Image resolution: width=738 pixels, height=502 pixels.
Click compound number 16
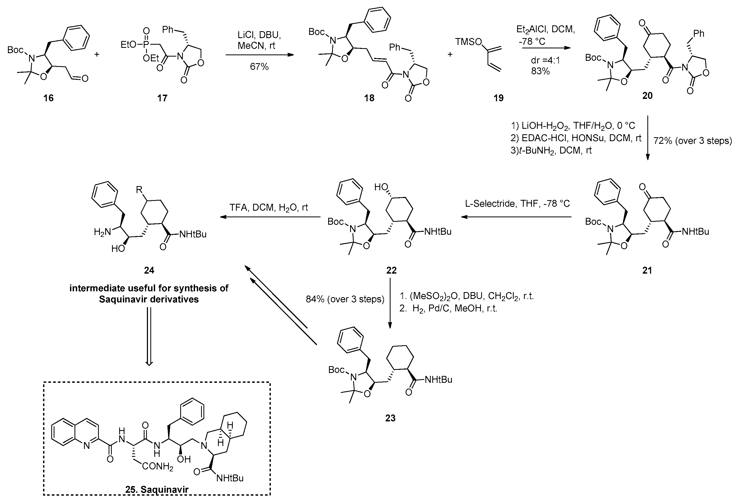49,98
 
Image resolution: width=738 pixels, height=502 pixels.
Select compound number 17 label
162,98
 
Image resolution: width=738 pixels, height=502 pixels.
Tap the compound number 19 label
498,98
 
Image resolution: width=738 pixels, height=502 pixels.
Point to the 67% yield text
259,66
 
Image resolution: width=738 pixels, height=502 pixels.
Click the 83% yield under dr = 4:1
540,71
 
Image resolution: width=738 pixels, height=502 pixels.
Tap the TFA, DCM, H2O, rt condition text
269,208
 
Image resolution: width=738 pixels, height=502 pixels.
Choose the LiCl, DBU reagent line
259,34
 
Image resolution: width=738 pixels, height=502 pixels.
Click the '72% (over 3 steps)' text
693,140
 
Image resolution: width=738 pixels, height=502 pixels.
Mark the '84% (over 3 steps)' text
345,299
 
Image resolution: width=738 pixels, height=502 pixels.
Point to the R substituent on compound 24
139,190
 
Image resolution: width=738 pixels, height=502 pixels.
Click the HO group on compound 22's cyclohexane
381,187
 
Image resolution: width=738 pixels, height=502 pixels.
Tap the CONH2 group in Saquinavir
157,466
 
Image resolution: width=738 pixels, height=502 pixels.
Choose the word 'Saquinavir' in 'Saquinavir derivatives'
123,299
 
